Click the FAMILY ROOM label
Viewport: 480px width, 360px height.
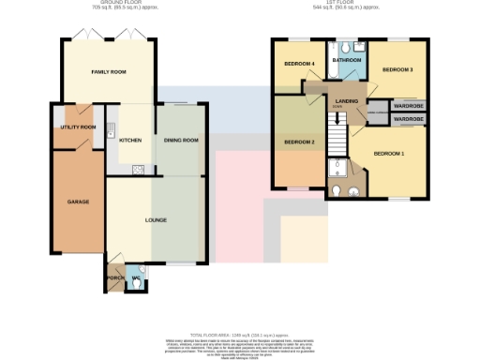(x=108, y=72)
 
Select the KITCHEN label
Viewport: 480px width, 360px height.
(x=130, y=141)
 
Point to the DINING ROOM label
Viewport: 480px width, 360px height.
(x=181, y=141)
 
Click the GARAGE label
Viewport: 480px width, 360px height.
(x=77, y=202)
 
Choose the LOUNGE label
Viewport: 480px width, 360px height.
(x=155, y=219)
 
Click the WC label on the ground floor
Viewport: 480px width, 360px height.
(x=136, y=277)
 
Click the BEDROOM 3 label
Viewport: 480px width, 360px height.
(x=397, y=69)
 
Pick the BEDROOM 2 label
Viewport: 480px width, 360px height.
(x=298, y=142)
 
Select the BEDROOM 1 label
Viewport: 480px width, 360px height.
(x=389, y=153)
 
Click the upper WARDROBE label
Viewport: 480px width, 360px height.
(x=407, y=105)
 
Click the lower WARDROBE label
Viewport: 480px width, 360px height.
(x=407, y=120)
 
